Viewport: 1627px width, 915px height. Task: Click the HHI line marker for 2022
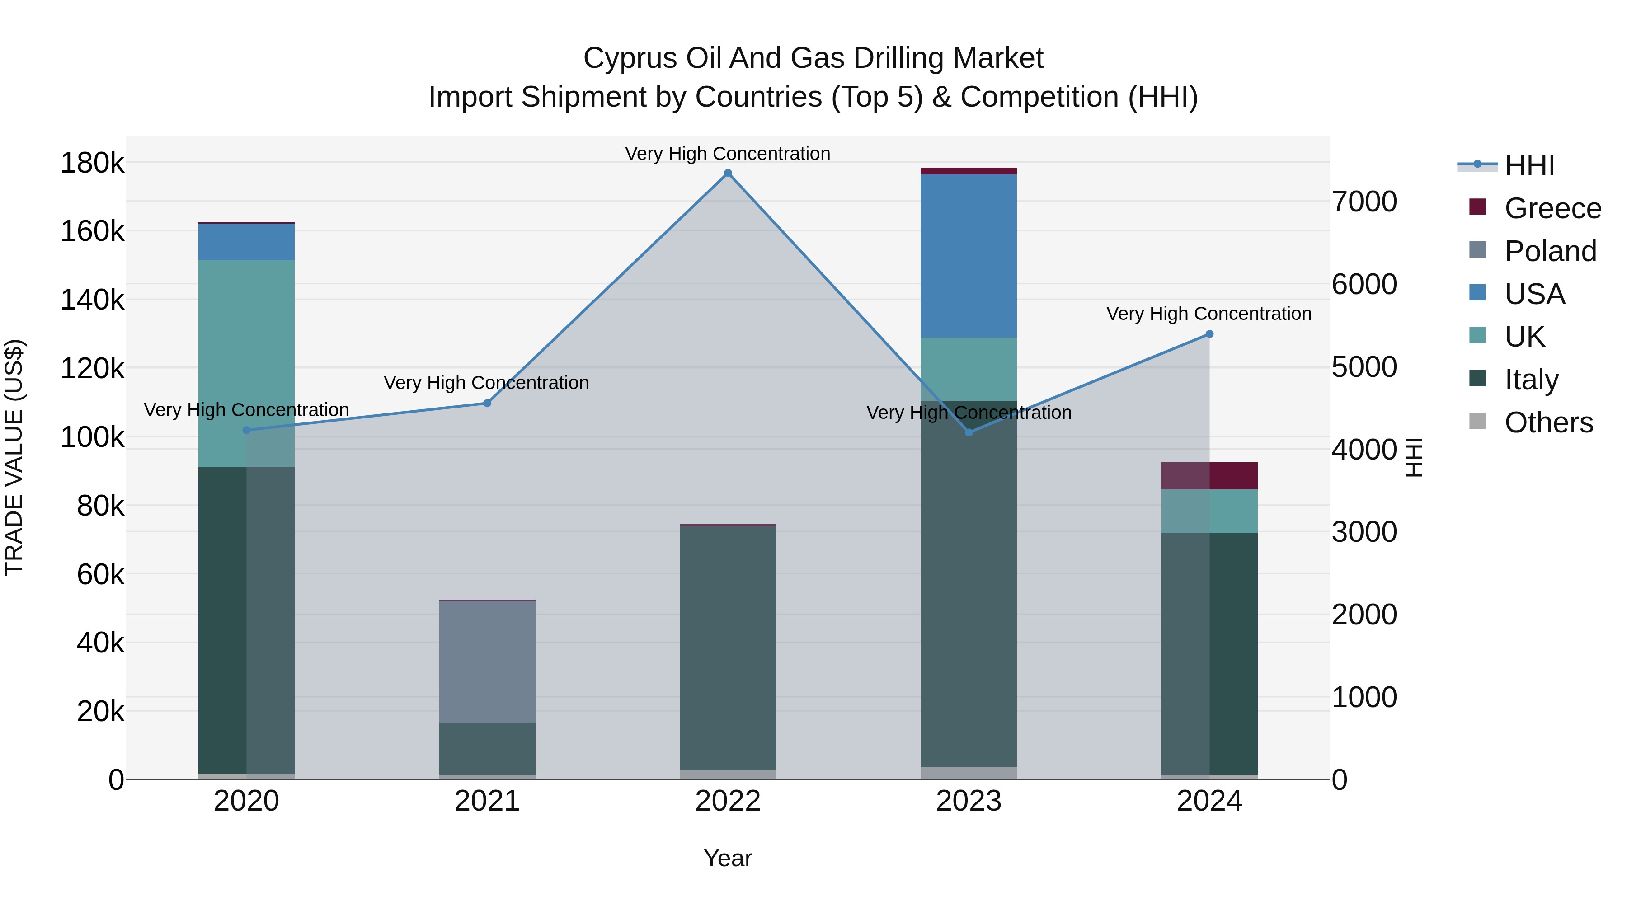tap(728, 173)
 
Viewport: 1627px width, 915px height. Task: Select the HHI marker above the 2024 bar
tap(1209, 334)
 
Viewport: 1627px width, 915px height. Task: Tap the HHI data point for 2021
tap(487, 403)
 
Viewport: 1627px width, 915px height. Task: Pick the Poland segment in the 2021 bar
tap(487, 661)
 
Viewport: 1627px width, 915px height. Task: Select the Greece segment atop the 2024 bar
tap(1209, 475)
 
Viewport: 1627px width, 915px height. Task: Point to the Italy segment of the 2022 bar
tap(728, 647)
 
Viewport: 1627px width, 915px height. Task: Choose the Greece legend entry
tap(1552, 208)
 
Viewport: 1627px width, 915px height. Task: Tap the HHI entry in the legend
tap(1529, 165)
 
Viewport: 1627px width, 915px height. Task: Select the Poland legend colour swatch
tap(1477, 250)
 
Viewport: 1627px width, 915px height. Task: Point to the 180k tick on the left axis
tap(92, 163)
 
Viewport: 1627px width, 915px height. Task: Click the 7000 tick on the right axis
tap(1364, 202)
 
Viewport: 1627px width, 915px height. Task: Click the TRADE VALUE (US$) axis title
tap(14, 457)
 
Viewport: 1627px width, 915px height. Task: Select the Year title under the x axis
tap(728, 858)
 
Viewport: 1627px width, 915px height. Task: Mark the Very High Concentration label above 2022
tap(728, 154)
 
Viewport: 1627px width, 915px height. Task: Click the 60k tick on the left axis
tap(100, 575)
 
